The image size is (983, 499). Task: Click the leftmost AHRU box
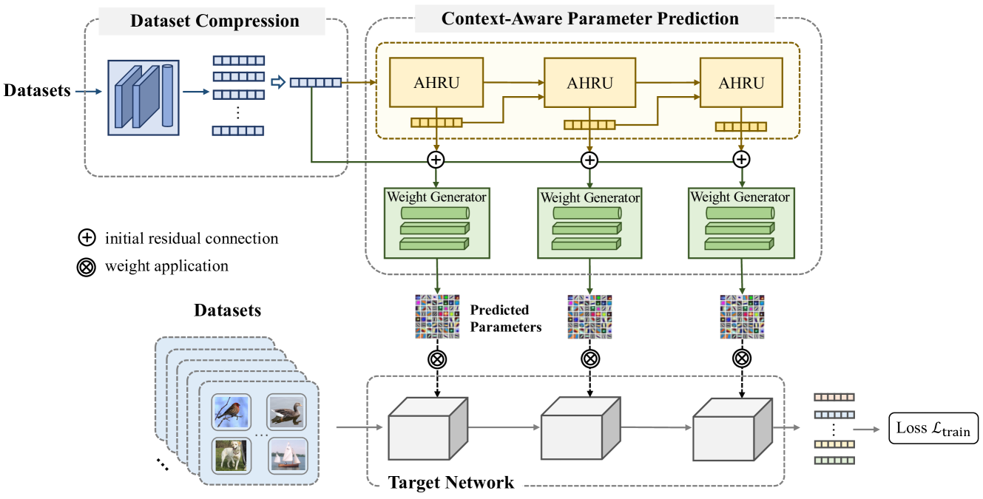tap(436, 83)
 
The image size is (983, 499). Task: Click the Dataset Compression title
tap(214, 21)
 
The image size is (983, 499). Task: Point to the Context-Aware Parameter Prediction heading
tap(590, 18)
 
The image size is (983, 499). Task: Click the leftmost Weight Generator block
tap(436, 223)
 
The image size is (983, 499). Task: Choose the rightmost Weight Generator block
tap(740, 223)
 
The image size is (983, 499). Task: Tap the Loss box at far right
tap(932, 428)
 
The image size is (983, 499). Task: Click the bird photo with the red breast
tap(231, 413)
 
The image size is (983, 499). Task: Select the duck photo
tap(286, 413)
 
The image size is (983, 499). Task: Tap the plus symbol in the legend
tap(87, 238)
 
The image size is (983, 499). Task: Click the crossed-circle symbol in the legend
tap(87, 266)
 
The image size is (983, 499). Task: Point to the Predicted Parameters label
tap(506, 318)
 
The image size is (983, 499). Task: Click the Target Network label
tap(450, 483)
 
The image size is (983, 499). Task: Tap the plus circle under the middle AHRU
tap(589, 160)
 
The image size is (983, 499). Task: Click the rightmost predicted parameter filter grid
tap(740, 317)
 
